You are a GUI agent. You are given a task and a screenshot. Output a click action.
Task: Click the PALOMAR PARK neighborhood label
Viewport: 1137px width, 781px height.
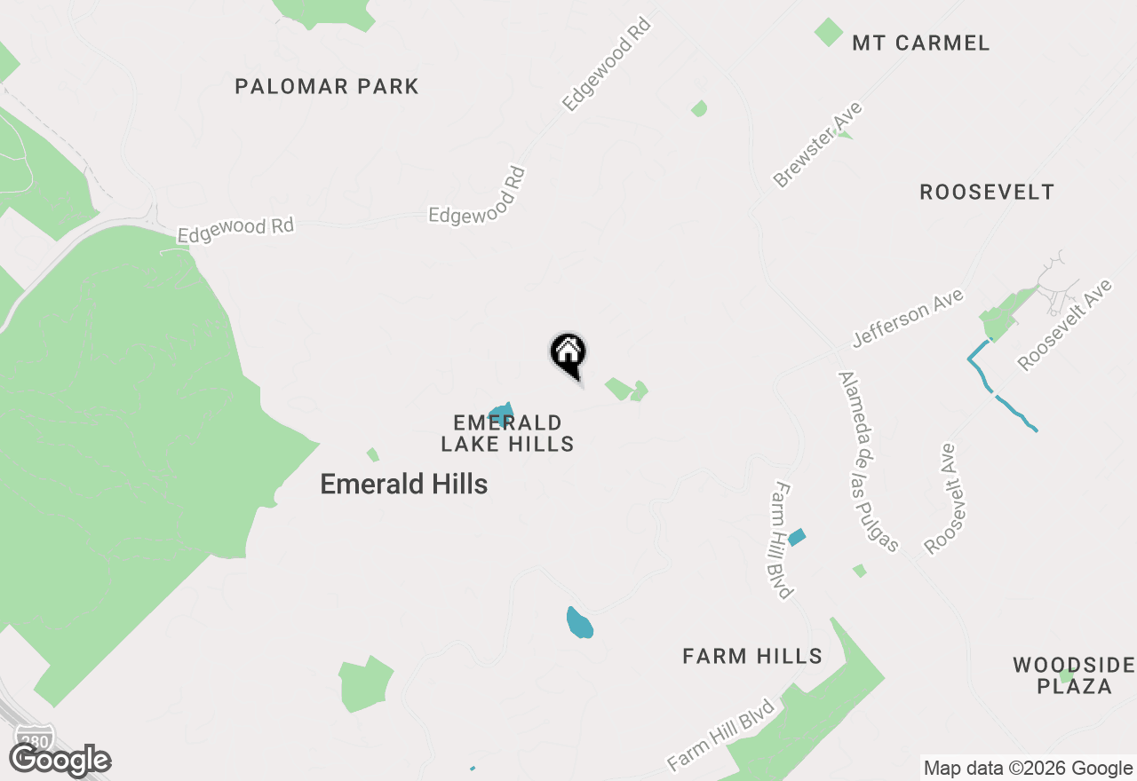click(326, 86)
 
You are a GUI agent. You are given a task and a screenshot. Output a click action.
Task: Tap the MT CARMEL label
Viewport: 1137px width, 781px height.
click(920, 43)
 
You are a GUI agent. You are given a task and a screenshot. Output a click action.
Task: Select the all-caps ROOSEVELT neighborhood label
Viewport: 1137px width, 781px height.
click(987, 192)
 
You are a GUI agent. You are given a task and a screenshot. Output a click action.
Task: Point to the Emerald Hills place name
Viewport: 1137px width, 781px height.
click(403, 484)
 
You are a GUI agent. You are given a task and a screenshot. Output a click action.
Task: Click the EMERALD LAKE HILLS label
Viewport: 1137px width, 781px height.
click(507, 433)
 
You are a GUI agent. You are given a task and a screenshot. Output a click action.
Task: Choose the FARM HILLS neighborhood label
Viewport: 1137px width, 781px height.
click(751, 656)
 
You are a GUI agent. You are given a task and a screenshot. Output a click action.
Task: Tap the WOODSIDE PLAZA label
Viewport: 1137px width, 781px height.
click(1075, 675)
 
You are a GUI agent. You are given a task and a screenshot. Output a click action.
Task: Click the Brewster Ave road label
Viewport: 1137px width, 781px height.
click(817, 145)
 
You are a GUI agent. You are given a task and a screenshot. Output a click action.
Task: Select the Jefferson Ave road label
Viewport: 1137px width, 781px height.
click(908, 319)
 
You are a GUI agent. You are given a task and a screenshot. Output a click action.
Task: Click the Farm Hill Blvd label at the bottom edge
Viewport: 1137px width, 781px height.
click(721, 735)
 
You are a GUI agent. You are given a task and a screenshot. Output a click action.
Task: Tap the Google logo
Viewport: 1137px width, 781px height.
click(60, 761)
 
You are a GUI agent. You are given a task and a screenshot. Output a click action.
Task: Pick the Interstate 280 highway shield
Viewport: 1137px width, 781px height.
click(34, 737)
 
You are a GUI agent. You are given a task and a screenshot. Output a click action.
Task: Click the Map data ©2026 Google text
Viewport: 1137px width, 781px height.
click(1028, 769)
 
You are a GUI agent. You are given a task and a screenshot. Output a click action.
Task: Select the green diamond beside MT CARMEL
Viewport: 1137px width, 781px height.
click(828, 33)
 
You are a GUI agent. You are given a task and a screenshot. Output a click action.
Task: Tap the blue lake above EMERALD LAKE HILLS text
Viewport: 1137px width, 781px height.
click(502, 414)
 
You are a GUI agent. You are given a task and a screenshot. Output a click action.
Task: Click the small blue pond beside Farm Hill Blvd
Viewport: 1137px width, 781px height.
click(796, 537)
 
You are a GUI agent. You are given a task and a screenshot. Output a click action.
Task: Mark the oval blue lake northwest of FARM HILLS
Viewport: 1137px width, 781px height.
click(579, 622)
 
